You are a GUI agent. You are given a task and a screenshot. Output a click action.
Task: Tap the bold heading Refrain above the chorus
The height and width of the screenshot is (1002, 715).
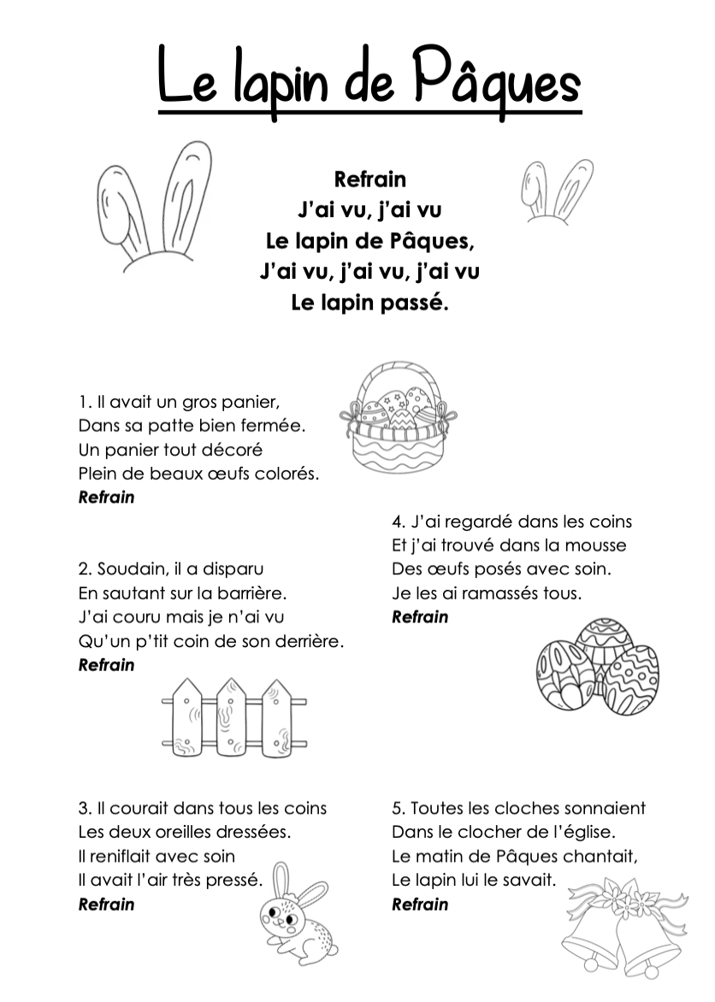click(369, 180)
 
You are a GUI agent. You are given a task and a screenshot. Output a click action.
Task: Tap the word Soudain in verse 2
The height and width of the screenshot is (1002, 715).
click(127, 569)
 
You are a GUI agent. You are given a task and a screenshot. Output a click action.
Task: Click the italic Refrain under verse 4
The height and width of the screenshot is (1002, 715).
click(420, 617)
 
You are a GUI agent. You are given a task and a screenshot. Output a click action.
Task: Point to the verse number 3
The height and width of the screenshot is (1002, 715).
click(84, 809)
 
